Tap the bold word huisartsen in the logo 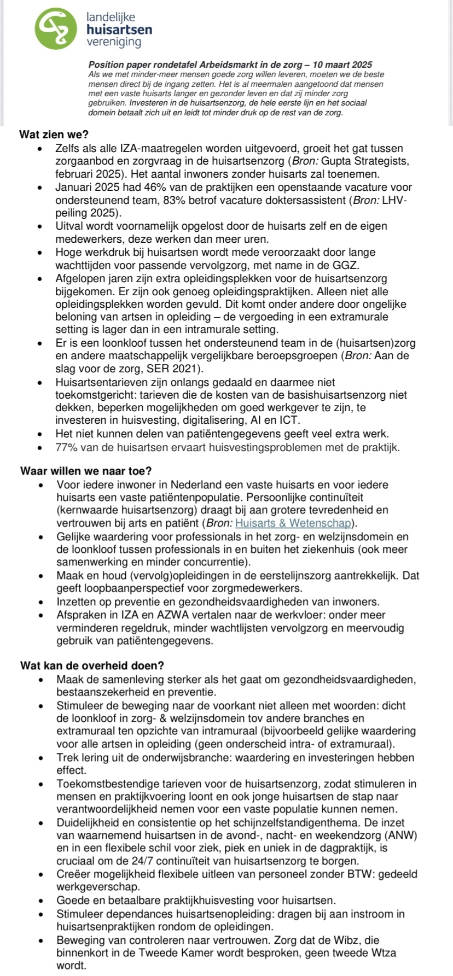click(x=119, y=30)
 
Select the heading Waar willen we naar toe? click(x=86, y=471)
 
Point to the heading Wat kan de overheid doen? click(x=92, y=665)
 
